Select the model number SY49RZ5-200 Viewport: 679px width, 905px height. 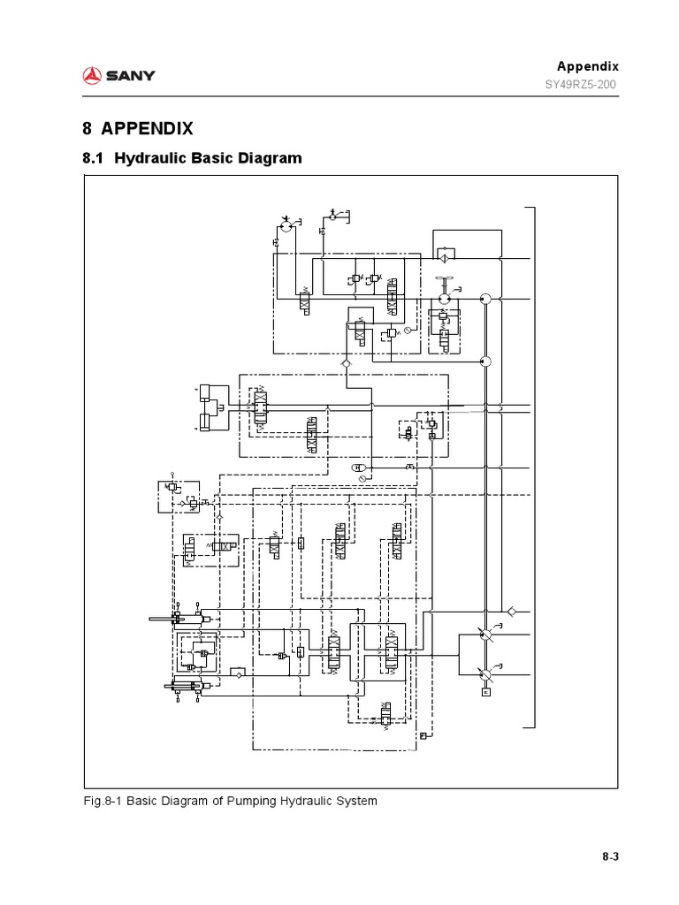click(580, 85)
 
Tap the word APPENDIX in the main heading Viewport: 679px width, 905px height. click(147, 128)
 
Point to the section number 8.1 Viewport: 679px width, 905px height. click(94, 158)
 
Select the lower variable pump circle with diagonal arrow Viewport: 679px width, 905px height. click(484, 674)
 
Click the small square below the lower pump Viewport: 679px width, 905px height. click(484, 693)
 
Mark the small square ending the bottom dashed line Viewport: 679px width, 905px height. click(424, 735)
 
